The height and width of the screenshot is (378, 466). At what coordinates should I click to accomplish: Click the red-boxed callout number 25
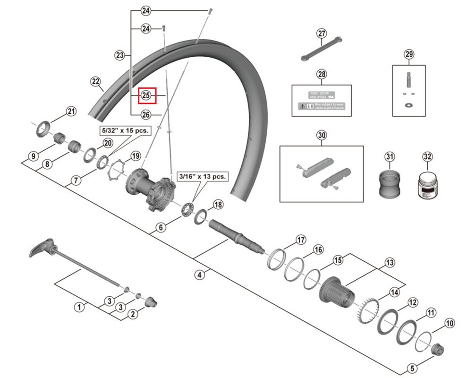tap(145, 96)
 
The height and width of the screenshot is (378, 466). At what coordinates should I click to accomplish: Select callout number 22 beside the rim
tap(96, 82)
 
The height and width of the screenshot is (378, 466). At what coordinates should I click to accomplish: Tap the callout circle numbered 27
tap(322, 34)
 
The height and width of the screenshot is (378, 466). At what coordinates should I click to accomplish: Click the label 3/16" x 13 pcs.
tap(202, 176)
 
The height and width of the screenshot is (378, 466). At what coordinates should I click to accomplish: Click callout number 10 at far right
tap(449, 324)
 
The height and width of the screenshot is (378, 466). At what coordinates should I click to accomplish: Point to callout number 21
tap(70, 112)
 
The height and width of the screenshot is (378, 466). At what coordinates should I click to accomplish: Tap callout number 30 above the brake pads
tap(322, 136)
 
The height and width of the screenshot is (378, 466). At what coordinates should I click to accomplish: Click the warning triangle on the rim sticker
tap(301, 108)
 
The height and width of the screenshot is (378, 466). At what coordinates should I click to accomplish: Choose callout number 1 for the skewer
tap(80, 307)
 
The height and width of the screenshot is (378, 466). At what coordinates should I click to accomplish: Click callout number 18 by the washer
tap(218, 205)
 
